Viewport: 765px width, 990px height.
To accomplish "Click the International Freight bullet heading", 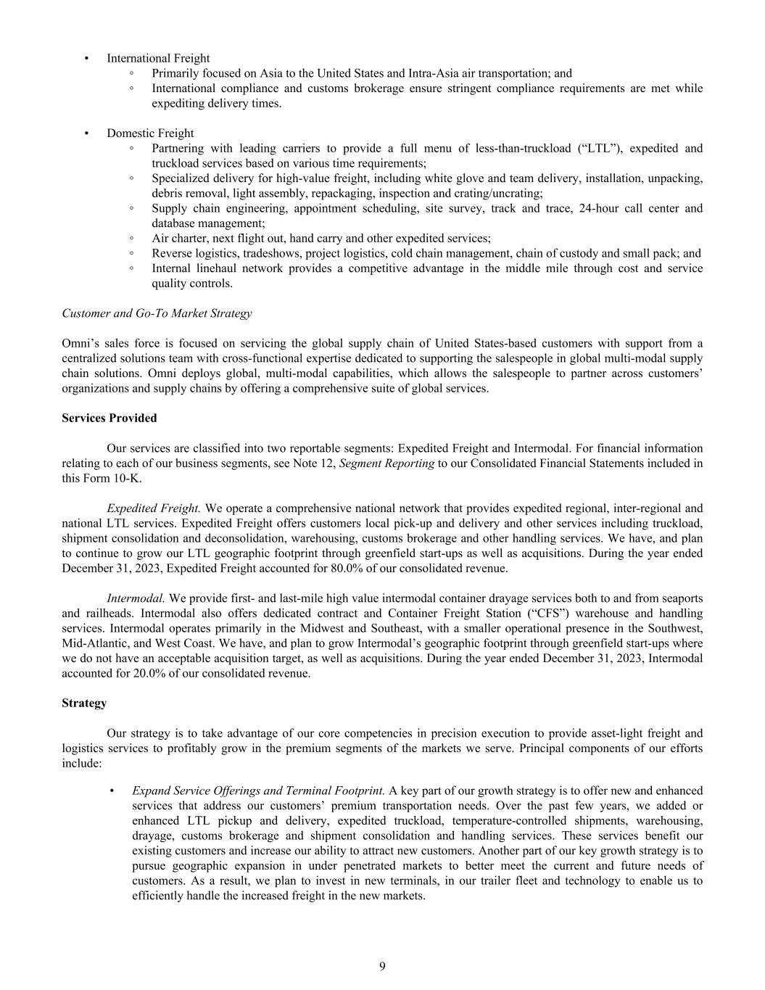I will [158, 58].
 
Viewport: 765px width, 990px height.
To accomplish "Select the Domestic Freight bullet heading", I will [150, 133].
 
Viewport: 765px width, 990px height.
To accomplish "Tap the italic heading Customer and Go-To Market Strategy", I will [157, 313].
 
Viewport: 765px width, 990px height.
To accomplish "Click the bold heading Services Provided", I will [109, 418].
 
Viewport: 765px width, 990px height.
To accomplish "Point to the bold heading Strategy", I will [84, 703].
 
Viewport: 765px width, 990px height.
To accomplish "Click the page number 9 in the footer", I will [382, 966].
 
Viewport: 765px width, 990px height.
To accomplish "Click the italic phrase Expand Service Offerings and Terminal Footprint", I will [258, 791].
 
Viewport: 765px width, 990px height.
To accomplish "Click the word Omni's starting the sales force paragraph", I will [79, 343].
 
